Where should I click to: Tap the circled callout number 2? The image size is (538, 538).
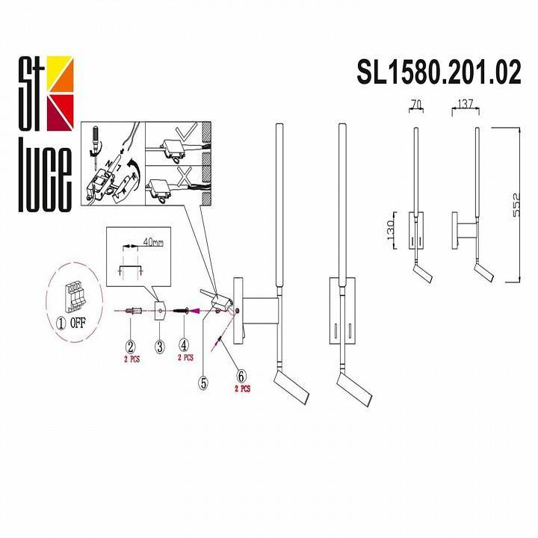[130, 346]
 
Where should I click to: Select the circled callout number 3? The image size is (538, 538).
[159, 346]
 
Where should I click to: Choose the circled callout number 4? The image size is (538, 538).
[184, 346]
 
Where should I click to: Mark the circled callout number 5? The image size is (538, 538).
[202, 383]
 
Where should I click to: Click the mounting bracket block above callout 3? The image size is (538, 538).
[160, 309]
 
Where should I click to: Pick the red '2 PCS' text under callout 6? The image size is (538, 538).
[242, 389]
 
